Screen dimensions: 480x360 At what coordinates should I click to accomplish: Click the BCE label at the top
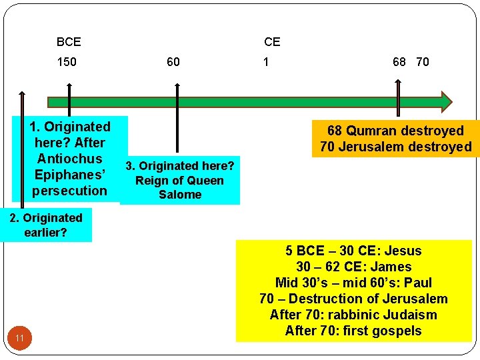(69, 42)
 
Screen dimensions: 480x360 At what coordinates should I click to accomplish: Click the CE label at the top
(272, 42)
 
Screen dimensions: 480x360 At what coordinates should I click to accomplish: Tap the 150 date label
(67, 62)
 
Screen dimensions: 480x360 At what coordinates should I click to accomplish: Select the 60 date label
(173, 62)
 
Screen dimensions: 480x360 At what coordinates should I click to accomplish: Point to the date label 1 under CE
(266, 62)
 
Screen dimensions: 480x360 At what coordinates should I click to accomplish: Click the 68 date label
(399, 62)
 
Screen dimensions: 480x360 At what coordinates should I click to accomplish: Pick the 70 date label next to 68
(422, 62)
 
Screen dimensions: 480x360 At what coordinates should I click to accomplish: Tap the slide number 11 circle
(20, 339)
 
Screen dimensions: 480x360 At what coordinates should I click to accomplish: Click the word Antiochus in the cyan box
(70, 159)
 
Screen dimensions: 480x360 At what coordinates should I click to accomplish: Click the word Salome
(180, 195)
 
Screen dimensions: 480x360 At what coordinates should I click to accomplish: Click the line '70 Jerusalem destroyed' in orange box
(395, 147)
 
